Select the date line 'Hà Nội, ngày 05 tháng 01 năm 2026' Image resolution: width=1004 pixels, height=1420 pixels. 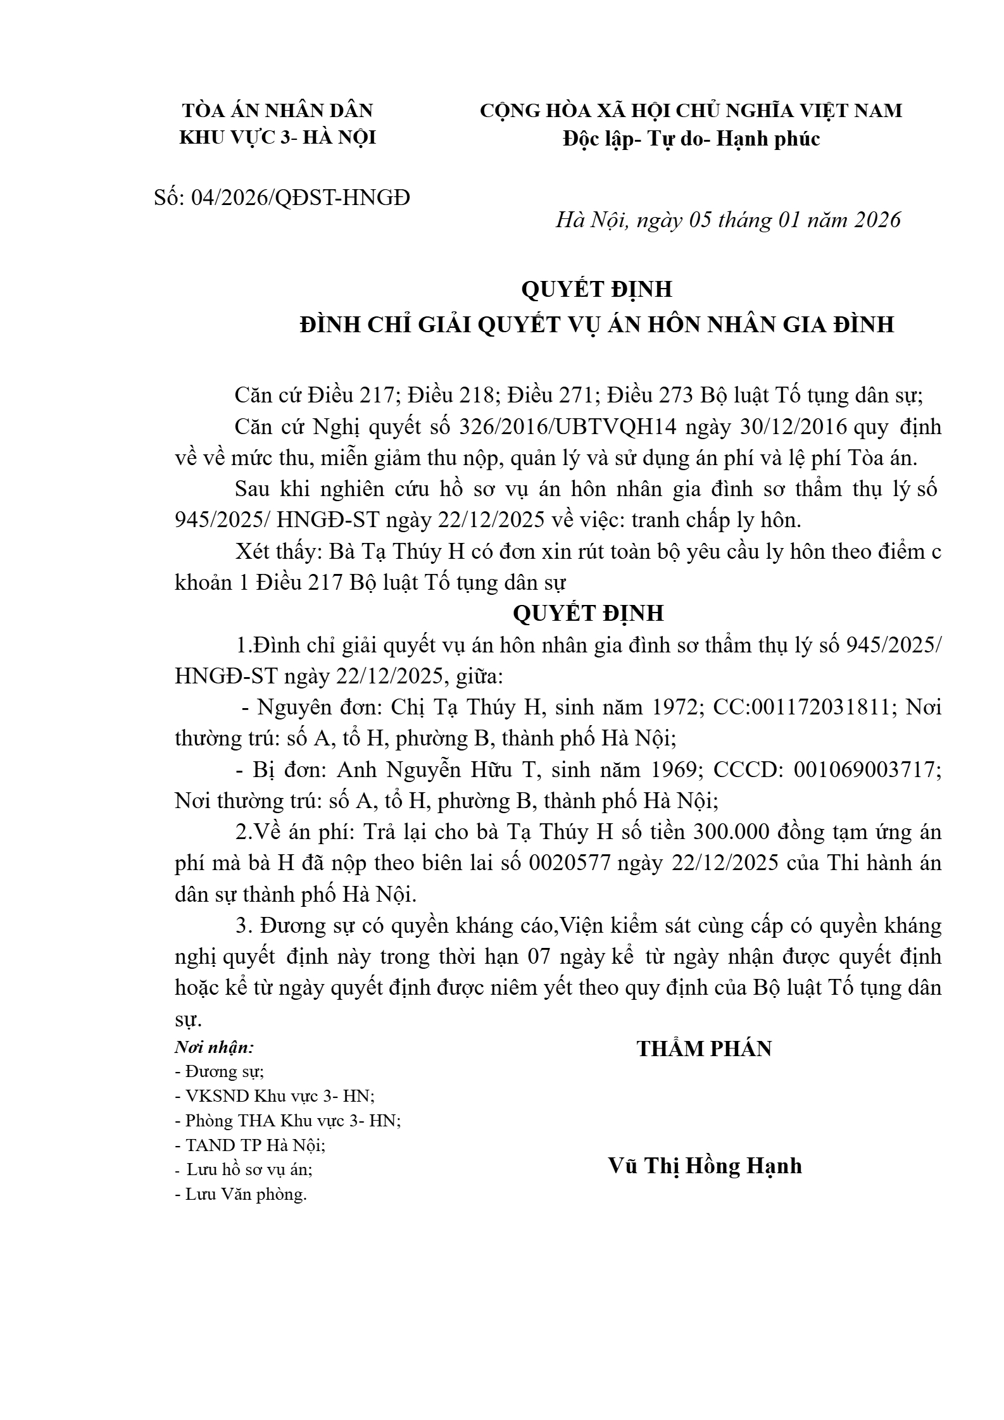point(728,220)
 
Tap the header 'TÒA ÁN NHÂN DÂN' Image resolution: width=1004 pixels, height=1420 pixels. point(278,111)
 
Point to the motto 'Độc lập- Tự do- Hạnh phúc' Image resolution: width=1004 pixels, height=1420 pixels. point(691,139)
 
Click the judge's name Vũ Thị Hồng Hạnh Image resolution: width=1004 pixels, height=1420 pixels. point(705,1165)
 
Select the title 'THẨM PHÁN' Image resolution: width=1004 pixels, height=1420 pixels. point(704,1049)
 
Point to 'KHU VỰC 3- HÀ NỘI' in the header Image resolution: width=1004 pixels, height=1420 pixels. point(278,137)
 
